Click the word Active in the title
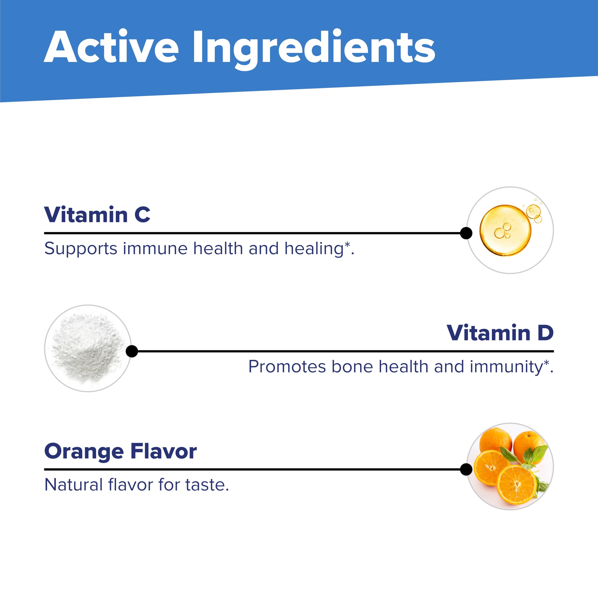111,47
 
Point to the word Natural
73,485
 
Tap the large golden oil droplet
505,230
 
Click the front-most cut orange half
516,484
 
